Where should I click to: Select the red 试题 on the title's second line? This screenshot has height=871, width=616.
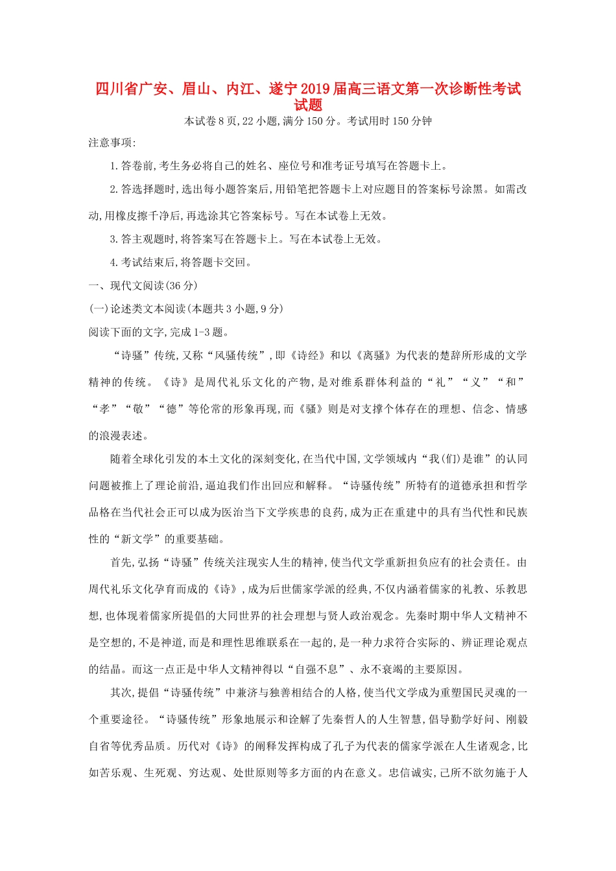pyautogui.click(x=308, y=105)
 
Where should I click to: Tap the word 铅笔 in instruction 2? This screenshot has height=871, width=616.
pyautogui.click(x=325, y=189)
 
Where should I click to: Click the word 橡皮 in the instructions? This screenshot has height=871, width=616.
pyautogui.click(x=132, y=216)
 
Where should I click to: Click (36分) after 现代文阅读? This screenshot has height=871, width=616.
pyautogui.click(x=182, y=286)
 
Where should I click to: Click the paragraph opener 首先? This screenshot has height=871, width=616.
pyautogui.click(x=121, y=563)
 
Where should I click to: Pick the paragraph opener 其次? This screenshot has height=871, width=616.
pyautogui.click(x=121, y=693)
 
